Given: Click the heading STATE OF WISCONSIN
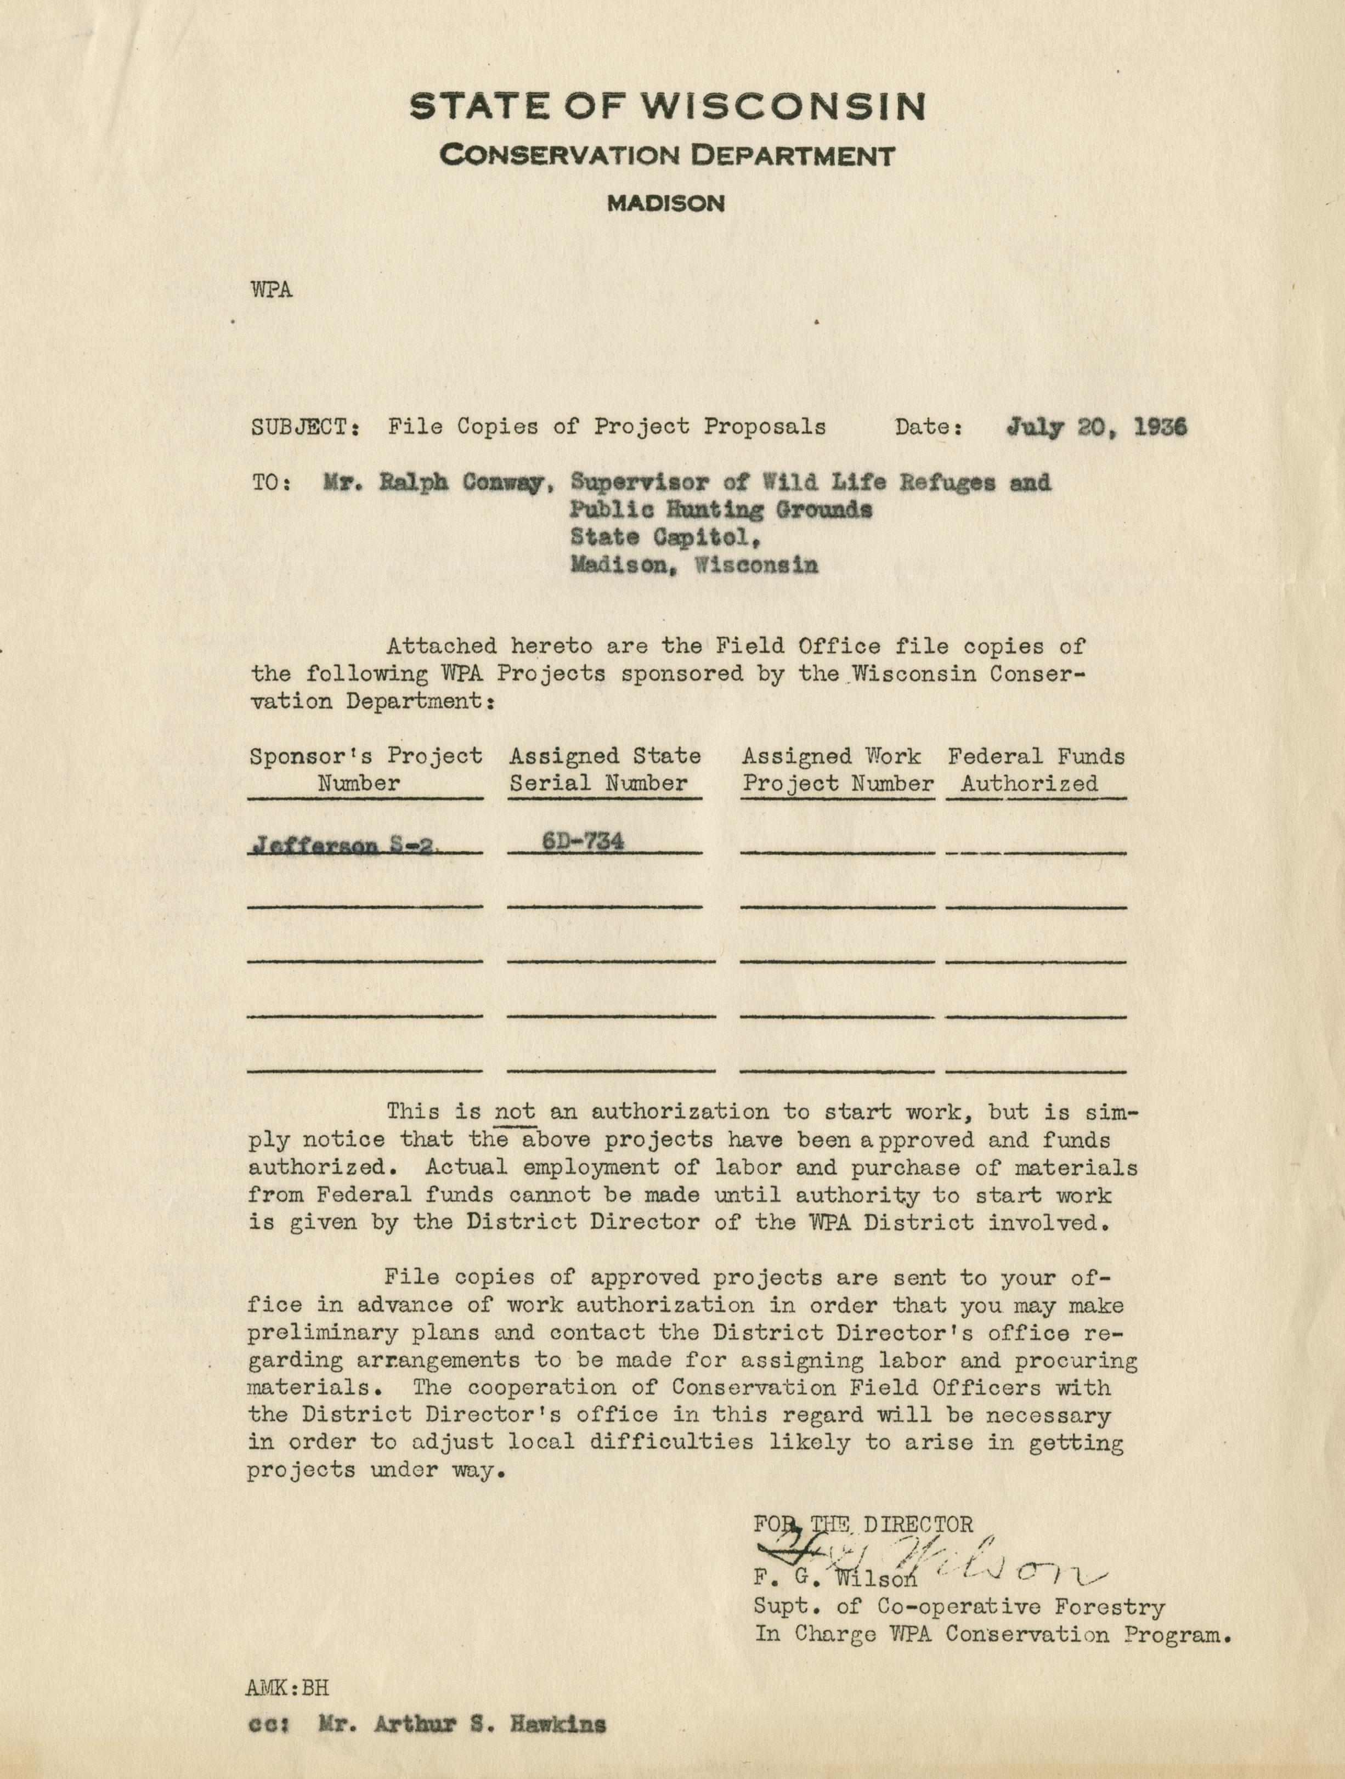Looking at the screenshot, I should coord(667,107).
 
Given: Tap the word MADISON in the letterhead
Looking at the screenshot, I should coord(666,205).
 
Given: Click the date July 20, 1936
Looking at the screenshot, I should coord(1095,427).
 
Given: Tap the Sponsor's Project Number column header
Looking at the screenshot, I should coord(365,769).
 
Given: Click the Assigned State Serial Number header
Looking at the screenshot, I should coord(605,769).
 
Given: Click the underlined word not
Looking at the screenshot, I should coord(515,1112).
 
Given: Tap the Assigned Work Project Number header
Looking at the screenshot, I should coord(838,769).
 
